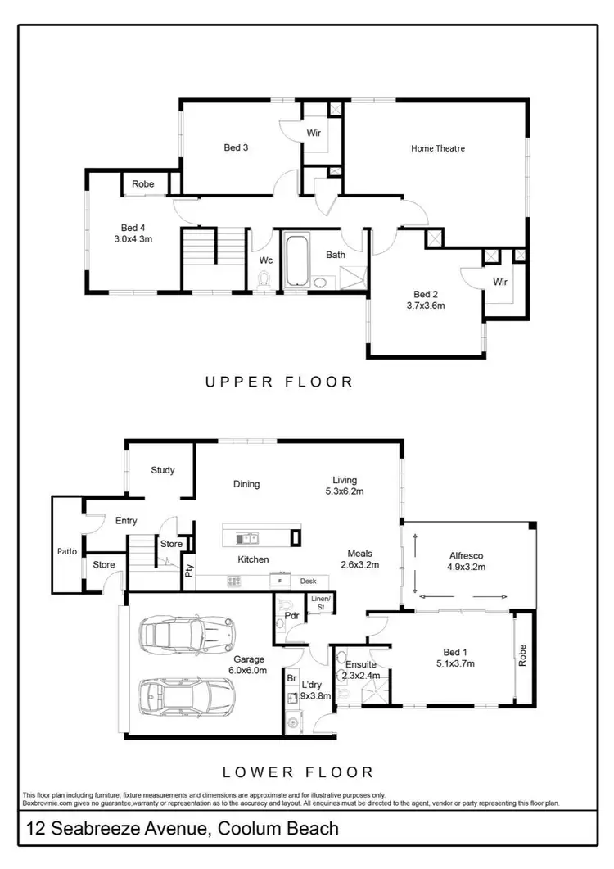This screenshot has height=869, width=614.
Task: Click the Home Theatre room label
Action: [438, 148]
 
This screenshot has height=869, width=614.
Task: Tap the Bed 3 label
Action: [236, 147]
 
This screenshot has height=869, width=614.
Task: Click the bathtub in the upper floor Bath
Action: [305, 260]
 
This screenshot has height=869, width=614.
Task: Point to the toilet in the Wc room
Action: [264, 281]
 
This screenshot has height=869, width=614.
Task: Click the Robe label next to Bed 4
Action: [143, 184]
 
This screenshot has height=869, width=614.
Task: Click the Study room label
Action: [162, 470]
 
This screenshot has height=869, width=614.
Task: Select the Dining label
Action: [246, 484]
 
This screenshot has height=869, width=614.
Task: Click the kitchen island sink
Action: [246, 538]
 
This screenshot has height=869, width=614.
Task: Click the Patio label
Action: [67, 551]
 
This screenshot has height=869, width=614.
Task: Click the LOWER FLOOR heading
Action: [298, 772]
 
